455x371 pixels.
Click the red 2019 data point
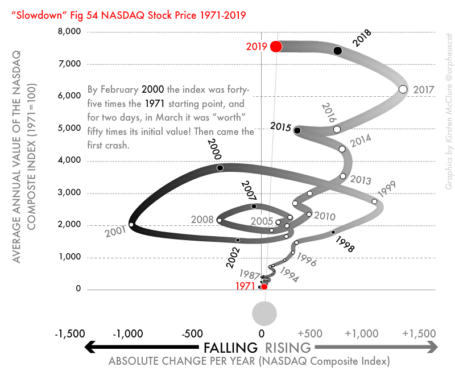[276, 47]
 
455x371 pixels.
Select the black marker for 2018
[337, 51]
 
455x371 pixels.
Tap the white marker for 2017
[403, 89]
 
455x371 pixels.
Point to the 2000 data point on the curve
[220, 168]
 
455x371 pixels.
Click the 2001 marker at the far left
[131, 225]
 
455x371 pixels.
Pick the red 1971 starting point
[264, 287]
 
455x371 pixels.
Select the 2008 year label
[202, 219]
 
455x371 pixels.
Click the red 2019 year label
[257, 47]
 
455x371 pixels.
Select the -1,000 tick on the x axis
[130, 333]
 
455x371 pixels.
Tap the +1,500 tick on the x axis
[420, 333]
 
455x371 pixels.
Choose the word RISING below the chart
[288, 348]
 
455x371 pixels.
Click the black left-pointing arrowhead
[90, 347]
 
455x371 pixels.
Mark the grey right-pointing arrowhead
[432, 347]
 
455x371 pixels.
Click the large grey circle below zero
[264, 312]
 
